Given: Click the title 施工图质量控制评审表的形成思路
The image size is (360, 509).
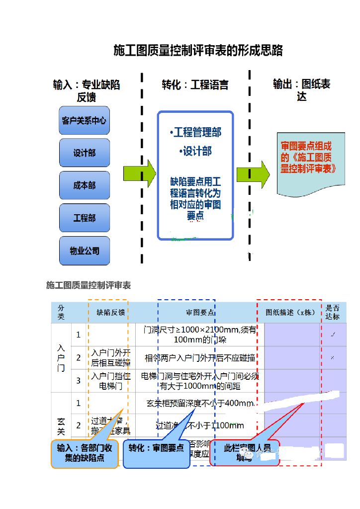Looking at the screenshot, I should click(198, 51).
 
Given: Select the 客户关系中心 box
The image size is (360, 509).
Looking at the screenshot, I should click(84, 120).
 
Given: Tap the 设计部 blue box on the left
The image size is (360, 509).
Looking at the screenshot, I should click(84, 153).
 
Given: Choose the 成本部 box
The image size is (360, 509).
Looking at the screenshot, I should click(84, 185).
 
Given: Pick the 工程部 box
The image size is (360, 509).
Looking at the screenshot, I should click(84, 218).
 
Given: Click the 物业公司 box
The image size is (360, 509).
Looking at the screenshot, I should click(84, 251).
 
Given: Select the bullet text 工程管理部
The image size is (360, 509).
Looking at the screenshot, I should click(196, 132).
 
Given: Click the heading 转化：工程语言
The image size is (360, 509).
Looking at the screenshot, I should click(195, 85).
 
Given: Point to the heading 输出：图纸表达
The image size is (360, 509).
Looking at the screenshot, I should click(301, 90).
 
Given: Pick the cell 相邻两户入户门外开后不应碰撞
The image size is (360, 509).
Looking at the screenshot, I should click(200, 358).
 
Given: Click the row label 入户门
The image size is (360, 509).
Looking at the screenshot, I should click(61, 358).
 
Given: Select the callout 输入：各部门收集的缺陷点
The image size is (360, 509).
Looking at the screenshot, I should click(85, 453).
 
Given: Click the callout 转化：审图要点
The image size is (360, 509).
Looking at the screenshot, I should click(156, 448).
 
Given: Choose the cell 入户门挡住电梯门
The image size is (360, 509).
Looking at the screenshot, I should click(111, 380).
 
